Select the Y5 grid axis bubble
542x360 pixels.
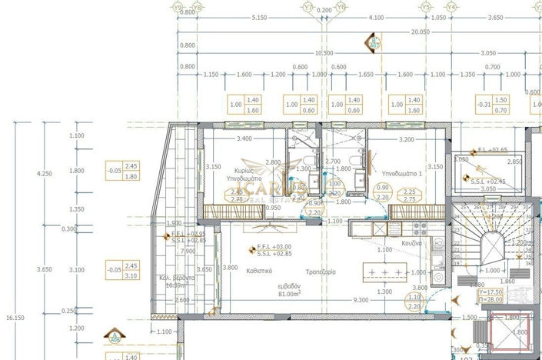(427, 7)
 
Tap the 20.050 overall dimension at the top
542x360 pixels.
(419, 32)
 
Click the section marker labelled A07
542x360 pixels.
(376, 43)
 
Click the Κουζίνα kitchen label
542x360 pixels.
(411, 242)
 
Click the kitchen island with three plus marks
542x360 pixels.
(388, 273)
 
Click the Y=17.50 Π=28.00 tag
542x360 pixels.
(492, 295)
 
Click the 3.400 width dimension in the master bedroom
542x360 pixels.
(244, 139)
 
